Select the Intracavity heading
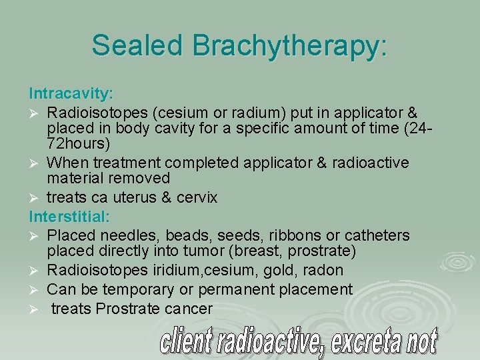(70, 90)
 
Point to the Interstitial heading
(69, 217)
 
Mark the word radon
(323, 270)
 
